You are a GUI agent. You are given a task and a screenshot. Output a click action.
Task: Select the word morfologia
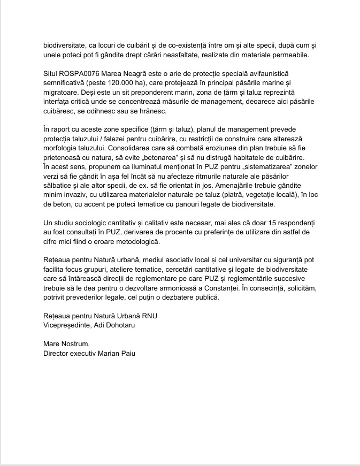point(64,148)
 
